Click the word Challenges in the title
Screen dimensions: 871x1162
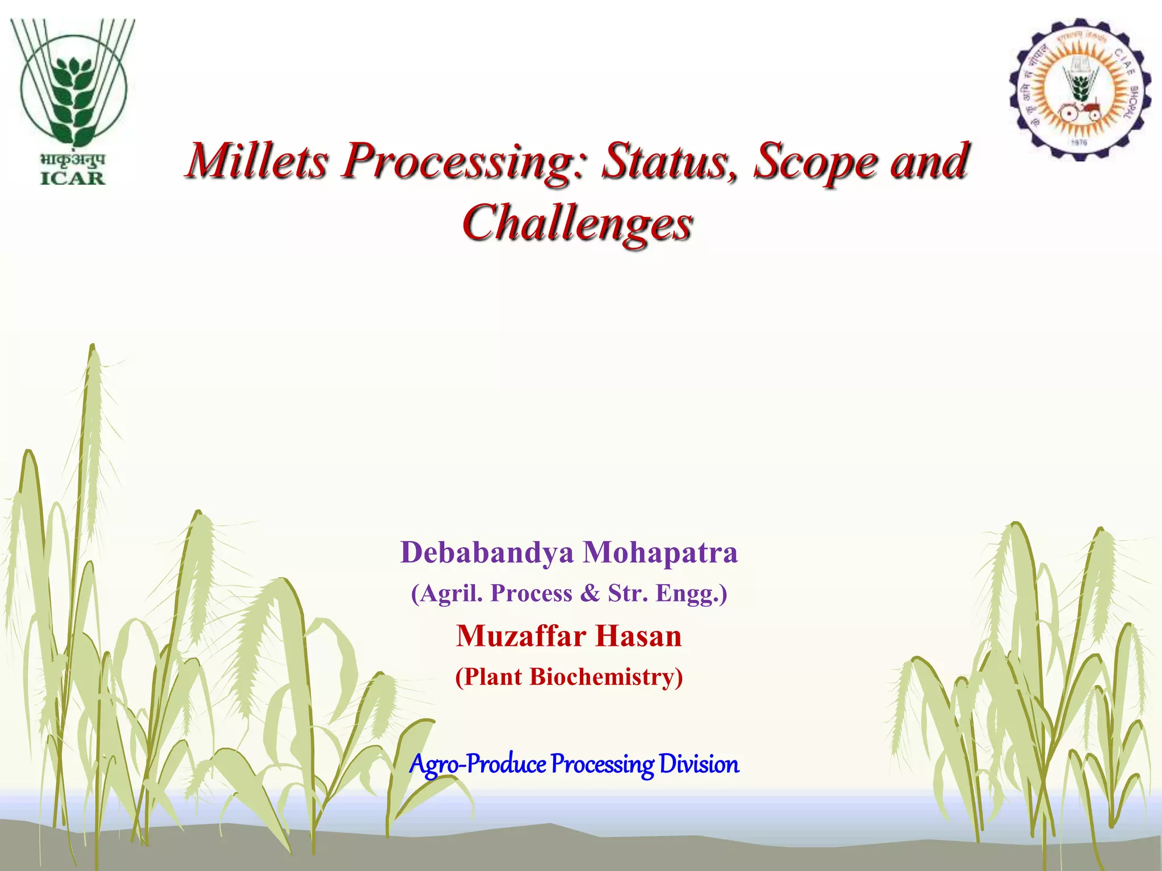pos(577,223)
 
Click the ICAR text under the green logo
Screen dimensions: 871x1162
pos(73,178)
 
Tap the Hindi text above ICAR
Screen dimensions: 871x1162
pos(73,159)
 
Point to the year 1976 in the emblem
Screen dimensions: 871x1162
pos(1079,142)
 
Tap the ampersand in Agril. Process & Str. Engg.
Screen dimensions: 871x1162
pos(590,593)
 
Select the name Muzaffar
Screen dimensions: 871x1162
pos(521,636)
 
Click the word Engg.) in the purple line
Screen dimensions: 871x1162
pos(691,594)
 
